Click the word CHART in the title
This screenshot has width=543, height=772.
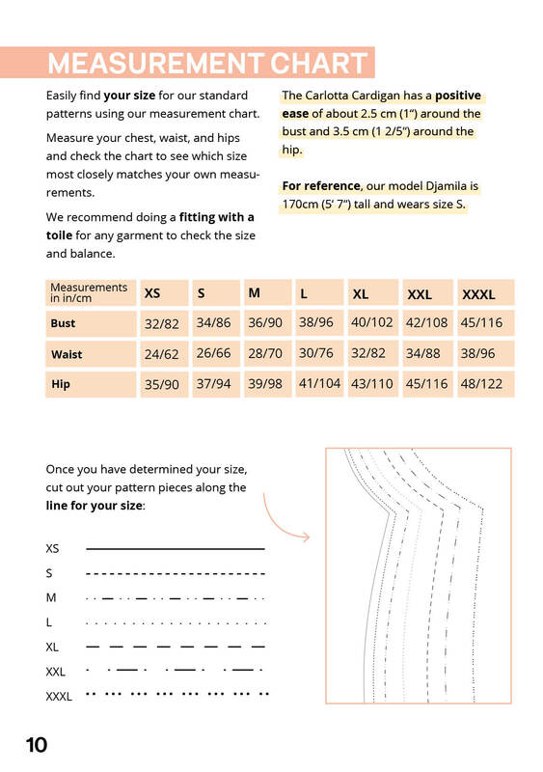[318, 63]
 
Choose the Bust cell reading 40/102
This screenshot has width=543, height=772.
[372, 323]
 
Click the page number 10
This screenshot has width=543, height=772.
[37, 745]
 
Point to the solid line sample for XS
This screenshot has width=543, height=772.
[176, 548]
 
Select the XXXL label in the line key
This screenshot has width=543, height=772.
[59, 697]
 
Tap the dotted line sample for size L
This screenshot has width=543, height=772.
[176, 623]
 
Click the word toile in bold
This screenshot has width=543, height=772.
[59, 235]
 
